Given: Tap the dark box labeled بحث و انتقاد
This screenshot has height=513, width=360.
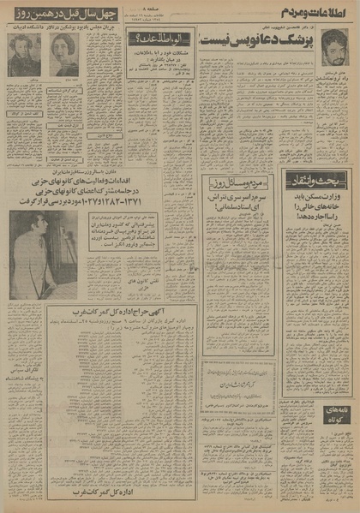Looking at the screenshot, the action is pos(316,176).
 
